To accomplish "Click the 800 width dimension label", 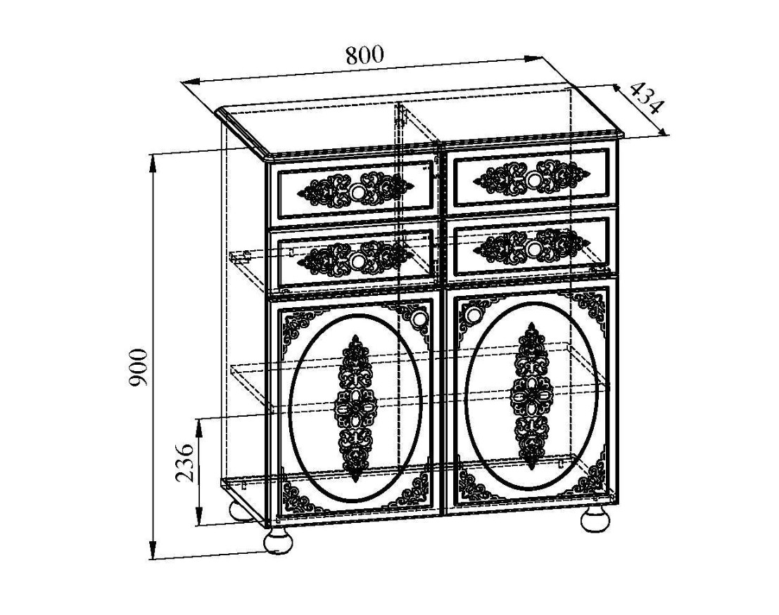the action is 365,55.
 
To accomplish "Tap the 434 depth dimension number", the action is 647,99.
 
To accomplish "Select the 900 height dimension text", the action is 138,368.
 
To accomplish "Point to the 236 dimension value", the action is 185,462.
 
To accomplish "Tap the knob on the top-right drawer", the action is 534,179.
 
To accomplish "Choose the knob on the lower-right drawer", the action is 534,247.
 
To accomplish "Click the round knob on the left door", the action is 419,316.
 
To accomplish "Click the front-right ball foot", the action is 595,519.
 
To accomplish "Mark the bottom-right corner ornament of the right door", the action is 593,477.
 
